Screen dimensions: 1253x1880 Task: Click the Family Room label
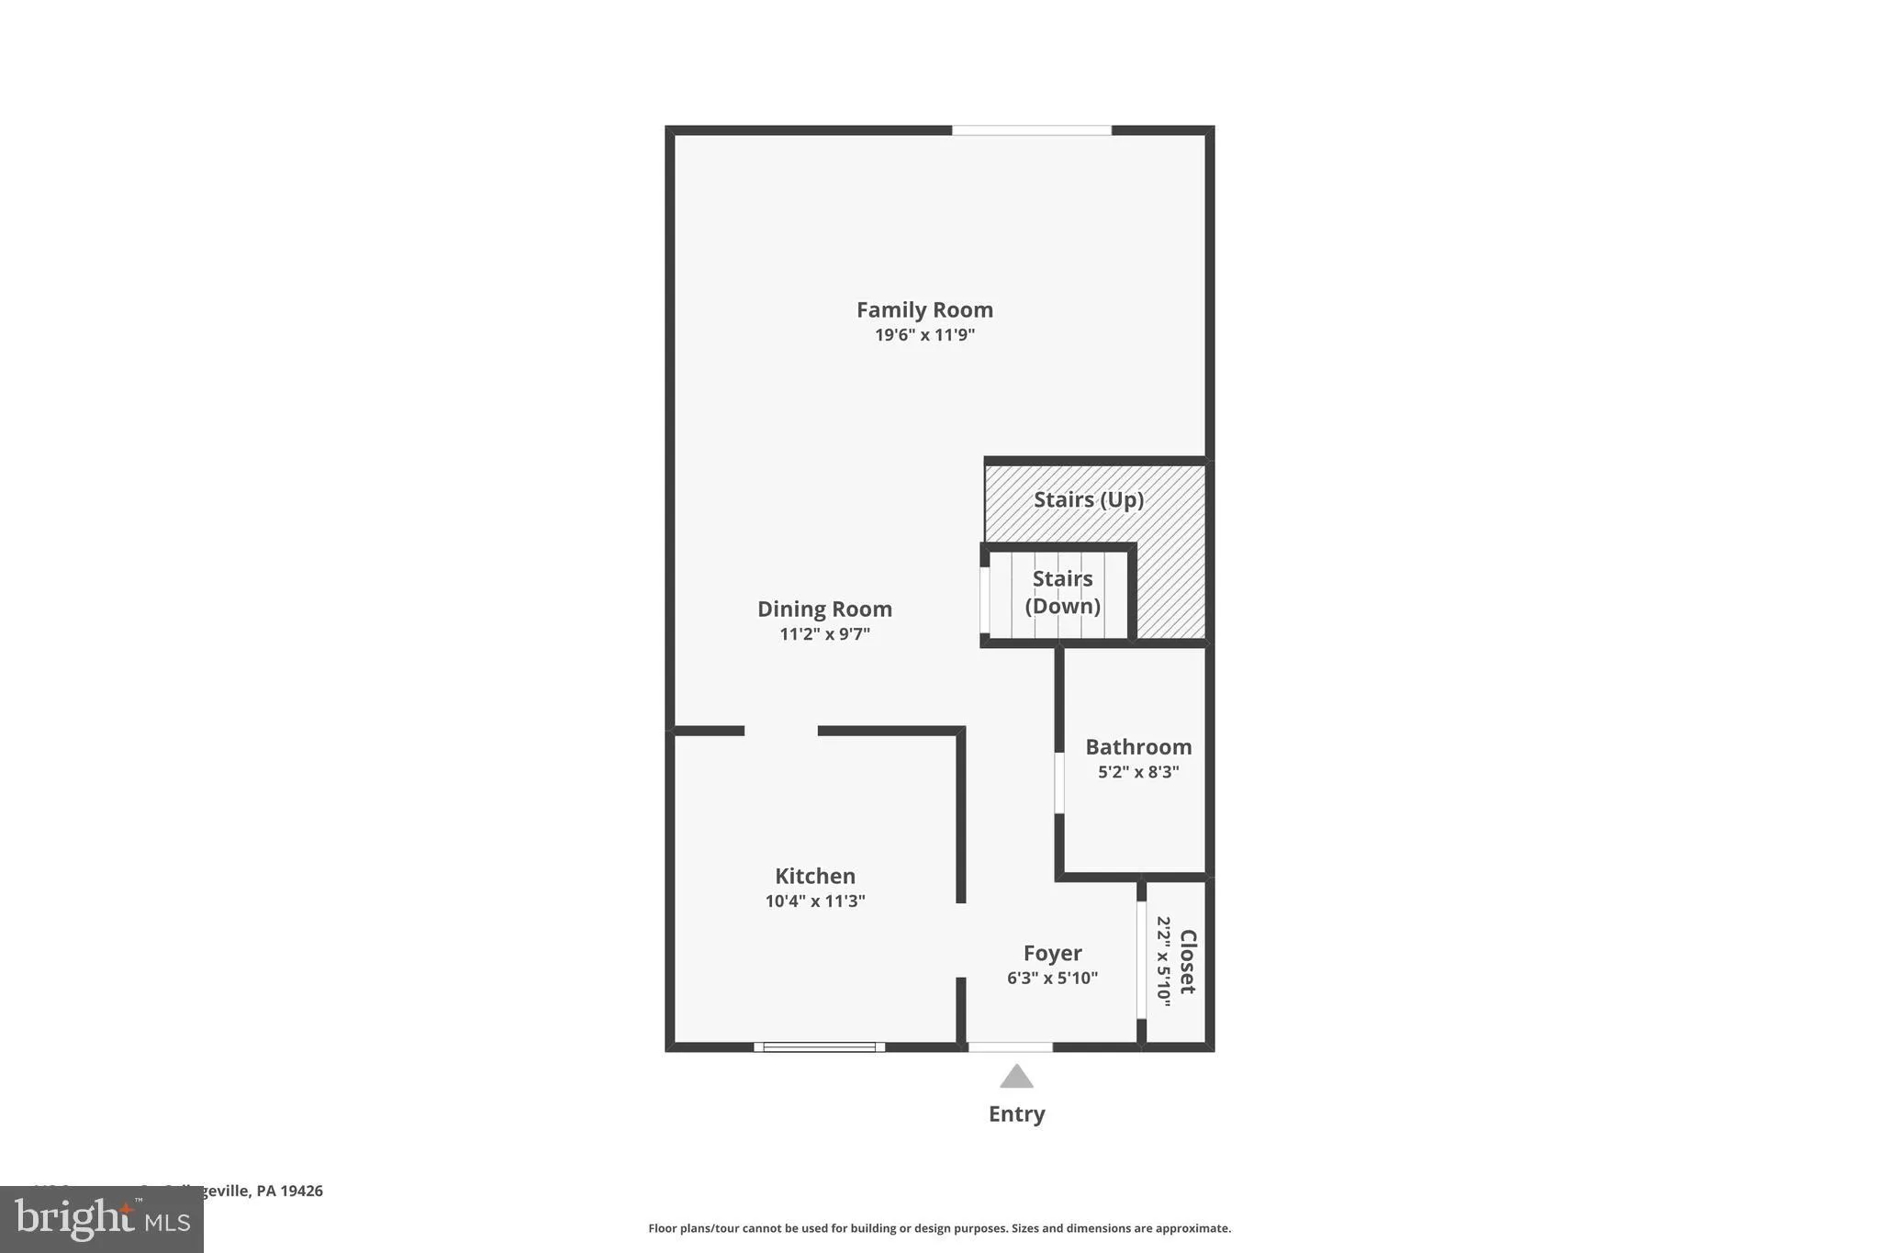[924, 310]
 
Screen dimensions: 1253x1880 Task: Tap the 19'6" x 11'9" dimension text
[924, 335]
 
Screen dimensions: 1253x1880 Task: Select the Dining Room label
[824, 610]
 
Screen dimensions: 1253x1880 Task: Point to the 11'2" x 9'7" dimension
[824, 634]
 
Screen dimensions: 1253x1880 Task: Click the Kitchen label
[815, 877]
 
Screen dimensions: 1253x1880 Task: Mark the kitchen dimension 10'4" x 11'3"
[815, 901]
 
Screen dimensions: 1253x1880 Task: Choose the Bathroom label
[1138, 747]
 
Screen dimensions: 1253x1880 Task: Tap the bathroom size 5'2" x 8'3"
[1138, 772]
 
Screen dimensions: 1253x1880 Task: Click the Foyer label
[1053, 954]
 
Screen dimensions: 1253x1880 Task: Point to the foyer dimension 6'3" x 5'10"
[1052, 979]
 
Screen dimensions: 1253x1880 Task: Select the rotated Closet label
[1188, 962]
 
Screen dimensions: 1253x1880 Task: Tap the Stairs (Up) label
[1089, 500]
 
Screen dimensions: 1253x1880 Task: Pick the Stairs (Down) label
[1062, 593]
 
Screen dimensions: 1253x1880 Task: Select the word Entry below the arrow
[1016, 1114]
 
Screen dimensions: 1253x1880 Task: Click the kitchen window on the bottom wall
[820, 1046]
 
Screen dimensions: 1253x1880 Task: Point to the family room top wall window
[1032, 130]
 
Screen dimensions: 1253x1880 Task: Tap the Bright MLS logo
[102, 1219]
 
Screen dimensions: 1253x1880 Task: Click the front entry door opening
[1010, 1046]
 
